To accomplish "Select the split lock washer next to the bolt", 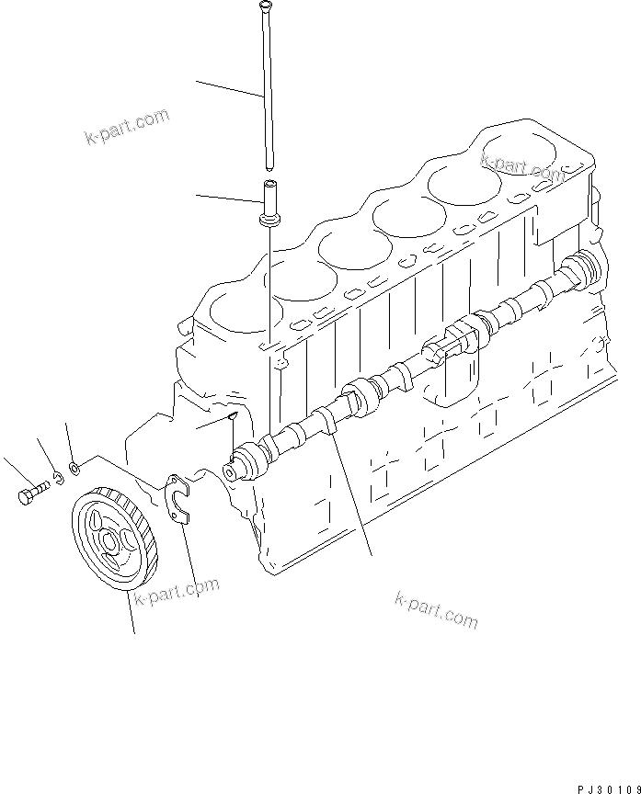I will coord(56,477).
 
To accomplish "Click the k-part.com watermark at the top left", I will coord(127,128).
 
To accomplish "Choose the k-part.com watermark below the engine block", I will coord(436,610).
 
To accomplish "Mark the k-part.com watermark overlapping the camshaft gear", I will coord(177,593).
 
